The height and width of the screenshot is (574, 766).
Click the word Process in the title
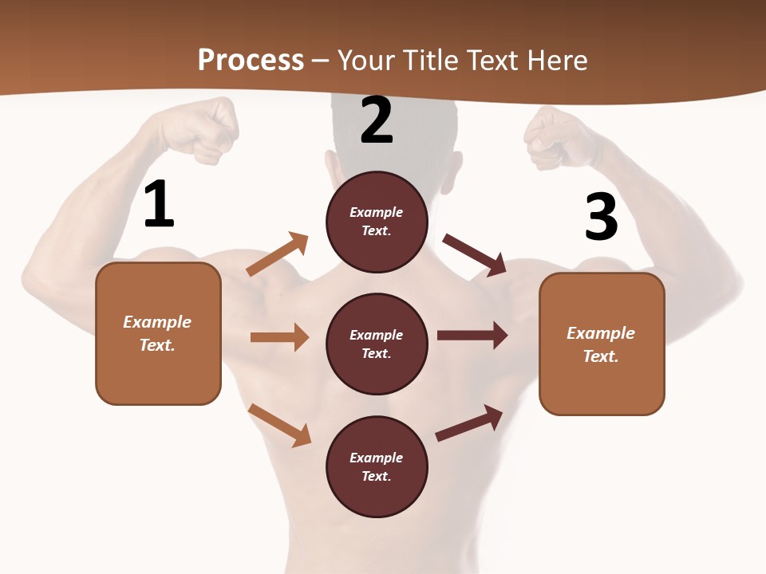[251, 60]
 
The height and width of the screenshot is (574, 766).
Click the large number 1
[159, 205]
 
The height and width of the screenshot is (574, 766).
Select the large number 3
[601, 217]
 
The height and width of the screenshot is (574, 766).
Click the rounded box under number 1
[158, 333]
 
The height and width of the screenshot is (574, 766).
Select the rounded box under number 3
[602, 344]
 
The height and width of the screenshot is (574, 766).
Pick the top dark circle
[377, 222]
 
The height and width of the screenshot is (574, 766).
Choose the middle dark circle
[377, 344]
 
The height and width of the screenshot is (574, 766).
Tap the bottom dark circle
[377, 466]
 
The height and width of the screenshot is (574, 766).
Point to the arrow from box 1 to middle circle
[279, 337]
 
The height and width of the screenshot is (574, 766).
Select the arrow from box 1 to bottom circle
[279, 425]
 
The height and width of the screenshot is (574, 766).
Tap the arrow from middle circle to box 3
[472, 336]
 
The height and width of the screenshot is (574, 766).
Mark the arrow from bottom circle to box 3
[469, 423]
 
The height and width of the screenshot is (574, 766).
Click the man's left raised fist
[559, 136]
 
